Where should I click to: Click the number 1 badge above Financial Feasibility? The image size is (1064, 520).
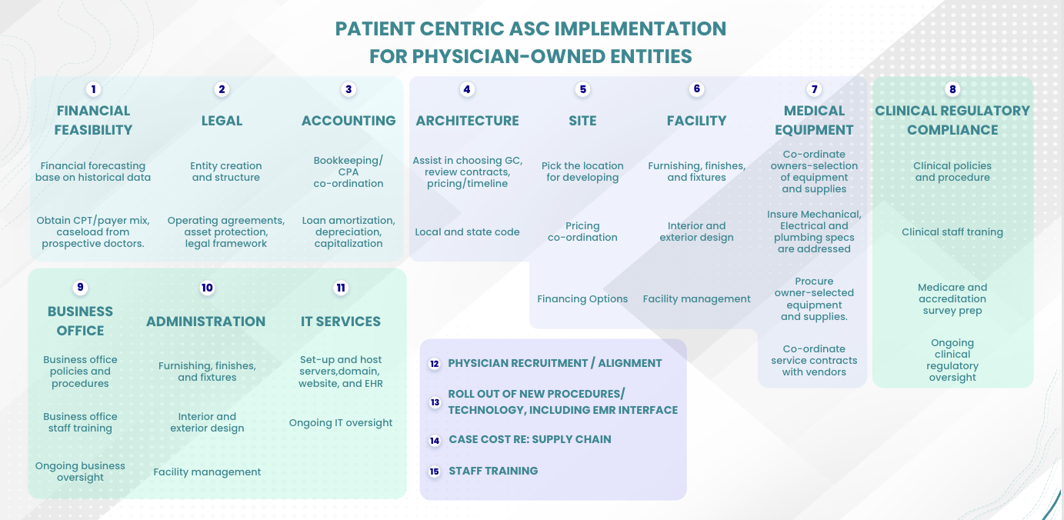tap(94, 89)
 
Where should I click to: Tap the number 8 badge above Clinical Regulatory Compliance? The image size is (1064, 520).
tap(952, 89)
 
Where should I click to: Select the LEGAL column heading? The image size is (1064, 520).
tap(222, 121)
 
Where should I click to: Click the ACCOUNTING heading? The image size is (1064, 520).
tap(349, 121)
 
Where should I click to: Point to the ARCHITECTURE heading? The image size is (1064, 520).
tap(467, 121)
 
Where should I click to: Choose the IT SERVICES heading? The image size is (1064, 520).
tap(341, 322)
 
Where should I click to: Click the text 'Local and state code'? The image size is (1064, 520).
tap(467, 232)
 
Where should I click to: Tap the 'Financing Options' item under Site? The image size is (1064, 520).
tap(582, 299)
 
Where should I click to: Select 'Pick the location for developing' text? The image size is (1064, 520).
tap(582, 172)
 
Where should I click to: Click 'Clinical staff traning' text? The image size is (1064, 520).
tap(952, 232)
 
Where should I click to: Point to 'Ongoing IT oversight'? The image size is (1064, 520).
tap(341, 423)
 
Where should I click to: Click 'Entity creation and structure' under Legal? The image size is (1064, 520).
tap(226, 172)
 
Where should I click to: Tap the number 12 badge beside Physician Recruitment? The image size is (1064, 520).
tap(435, 363)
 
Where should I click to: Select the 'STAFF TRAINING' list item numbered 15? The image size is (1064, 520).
tap(493, 471)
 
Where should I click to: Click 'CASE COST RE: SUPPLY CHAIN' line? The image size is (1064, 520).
tap(529, 440)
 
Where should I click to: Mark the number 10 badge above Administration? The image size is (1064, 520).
tap(207, 288)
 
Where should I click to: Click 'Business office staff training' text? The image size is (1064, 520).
tap(81, 422)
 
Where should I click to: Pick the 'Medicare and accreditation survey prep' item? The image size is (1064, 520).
tap(952, 299)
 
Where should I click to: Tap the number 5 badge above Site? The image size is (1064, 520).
tap(582, 89)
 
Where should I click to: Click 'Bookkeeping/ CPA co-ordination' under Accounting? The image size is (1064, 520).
tap(349, 172)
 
